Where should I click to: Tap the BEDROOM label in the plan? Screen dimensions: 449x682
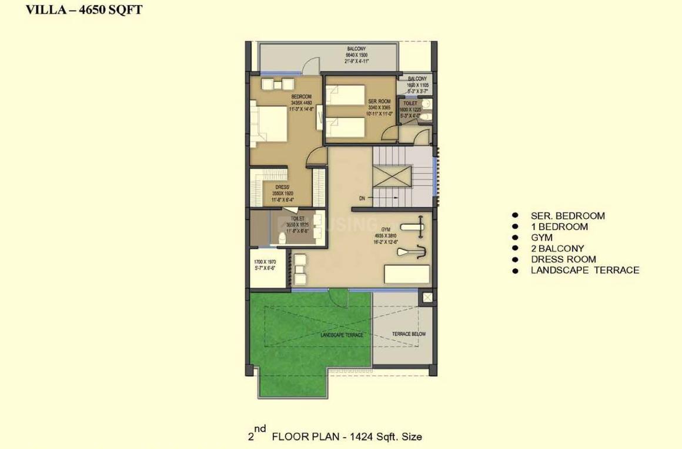coord(301,97)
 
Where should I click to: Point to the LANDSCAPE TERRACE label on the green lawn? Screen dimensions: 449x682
coord(342,335)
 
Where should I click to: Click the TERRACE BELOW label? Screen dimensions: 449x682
coord(409,334)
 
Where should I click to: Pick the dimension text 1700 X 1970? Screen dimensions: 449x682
coord(265,261)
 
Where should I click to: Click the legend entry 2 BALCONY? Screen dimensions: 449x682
coord(557,248)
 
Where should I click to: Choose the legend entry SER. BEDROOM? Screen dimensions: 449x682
coord(567,216)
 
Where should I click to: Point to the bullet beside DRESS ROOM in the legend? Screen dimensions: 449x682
coord(516,260)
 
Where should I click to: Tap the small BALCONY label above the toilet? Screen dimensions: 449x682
coord(418,79)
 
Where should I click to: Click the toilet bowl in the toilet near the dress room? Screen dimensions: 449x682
coord(282,239)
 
